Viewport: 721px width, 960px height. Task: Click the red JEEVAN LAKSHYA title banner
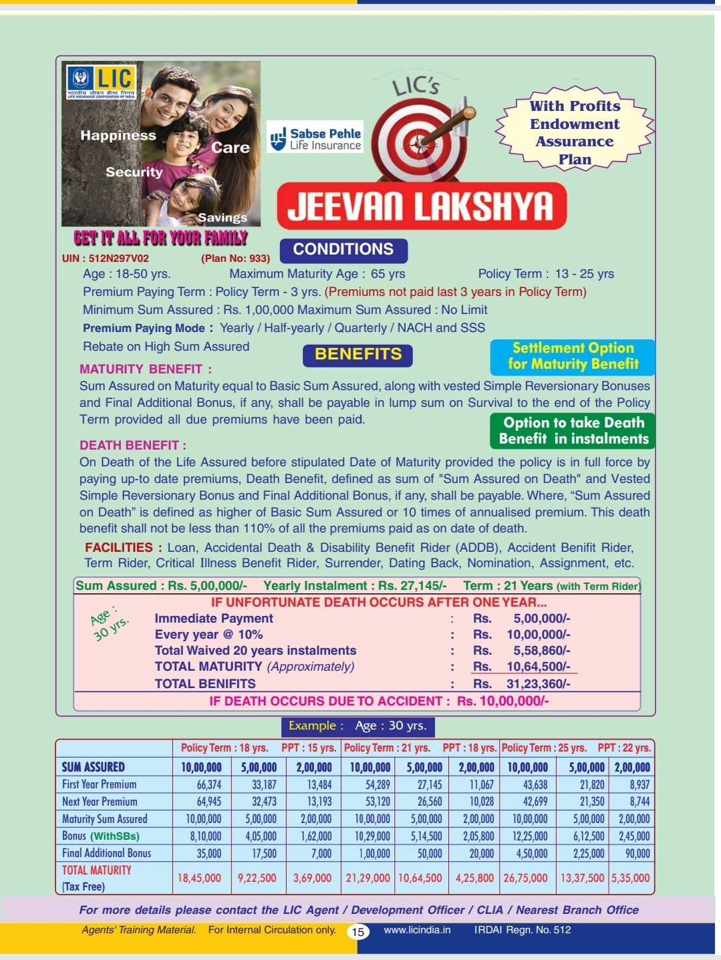pos(421,206)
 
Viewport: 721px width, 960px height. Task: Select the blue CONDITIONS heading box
pos(343,250)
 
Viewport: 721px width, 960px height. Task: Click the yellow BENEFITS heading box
pos(357,355)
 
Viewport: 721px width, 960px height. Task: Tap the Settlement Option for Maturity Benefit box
pos(573,356)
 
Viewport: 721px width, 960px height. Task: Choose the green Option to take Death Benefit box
pos(573,431)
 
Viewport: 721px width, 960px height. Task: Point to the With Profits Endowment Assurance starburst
pos(575,132)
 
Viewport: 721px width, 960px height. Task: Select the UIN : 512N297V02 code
pos(106,259)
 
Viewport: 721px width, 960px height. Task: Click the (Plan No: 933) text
pos(235,259)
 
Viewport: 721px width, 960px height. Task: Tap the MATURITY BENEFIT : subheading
pos(145,369)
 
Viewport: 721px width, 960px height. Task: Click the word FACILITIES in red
pos(119,548)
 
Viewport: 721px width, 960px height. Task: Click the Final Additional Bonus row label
pos(106,853)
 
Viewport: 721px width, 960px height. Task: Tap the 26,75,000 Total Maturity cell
pos(525,878)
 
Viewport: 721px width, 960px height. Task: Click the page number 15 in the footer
pos(359,931)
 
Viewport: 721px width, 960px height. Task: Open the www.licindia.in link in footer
pos(417,930)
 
